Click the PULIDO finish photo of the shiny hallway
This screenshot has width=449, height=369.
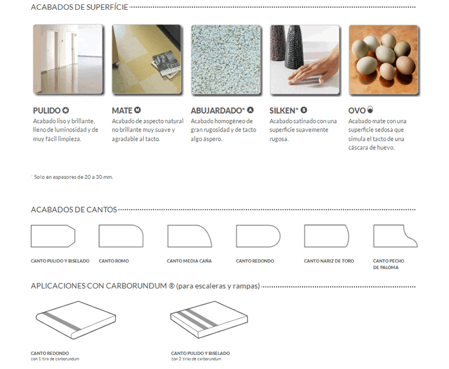(x=68, y=59)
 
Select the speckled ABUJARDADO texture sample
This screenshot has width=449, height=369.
(x=226, y=60)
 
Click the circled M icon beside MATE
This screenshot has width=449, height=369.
(x=137, y=110)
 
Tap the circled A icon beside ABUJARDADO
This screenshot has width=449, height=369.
(x=250, y=110)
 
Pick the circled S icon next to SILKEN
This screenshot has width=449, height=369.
(x=304, y=110)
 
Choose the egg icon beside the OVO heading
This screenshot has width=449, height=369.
(x=370, y=109)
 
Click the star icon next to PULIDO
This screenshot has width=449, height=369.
(x=66, y=110)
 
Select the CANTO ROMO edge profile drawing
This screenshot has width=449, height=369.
(x=121, y=236)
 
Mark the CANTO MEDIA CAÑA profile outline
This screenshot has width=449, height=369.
(x=189, y=236)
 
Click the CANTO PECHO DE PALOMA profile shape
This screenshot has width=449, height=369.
(x=395, y=236)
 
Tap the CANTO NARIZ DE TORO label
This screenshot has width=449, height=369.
(x=328, y=261)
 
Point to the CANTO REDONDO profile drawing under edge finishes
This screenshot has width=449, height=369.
(x=258, y=236)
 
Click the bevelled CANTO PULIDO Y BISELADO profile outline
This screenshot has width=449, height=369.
(x=53, y=236)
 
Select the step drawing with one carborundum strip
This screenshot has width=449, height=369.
(x=76, y=320)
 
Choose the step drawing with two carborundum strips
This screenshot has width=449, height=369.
(x=209, y=319)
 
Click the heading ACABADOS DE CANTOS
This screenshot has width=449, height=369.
(x=74, y=210)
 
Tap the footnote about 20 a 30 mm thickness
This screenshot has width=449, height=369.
(x=72, y=177)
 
